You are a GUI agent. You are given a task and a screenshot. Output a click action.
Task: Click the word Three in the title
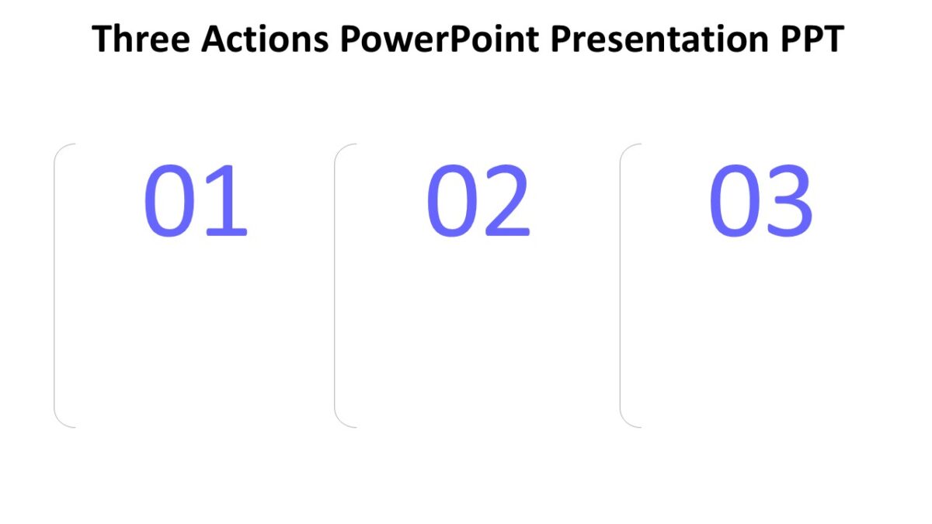tap(140, 39)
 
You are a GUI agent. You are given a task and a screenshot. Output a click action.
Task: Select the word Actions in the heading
tap(263, 39)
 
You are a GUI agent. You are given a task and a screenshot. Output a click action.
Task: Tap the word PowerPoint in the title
tap(439, 39)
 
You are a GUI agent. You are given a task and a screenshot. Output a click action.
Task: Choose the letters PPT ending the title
tap(812, 39)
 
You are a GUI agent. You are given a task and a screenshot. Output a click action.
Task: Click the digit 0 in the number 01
tap(168, 201)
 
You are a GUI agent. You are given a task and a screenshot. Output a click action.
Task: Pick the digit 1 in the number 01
tap(226, 201)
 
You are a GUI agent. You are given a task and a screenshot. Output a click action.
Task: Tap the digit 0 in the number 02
tap(450, 201)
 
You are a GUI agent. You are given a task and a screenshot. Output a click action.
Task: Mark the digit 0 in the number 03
tap(733, 201)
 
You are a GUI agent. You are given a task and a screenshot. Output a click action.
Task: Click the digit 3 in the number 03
tap(789, 201)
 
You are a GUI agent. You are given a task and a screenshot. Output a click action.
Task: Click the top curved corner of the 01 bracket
tap(61, 149)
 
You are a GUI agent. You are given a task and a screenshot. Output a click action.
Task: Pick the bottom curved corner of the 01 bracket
tap(61, 421)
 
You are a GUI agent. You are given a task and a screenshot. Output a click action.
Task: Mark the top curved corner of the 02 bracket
tap(342, 149)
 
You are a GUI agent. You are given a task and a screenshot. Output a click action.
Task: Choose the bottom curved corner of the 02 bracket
tap(342, 421)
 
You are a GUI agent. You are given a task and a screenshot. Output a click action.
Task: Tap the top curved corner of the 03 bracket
tap(628, 149)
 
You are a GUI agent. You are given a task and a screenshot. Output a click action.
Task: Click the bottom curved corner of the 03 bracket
tap(628, 421)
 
